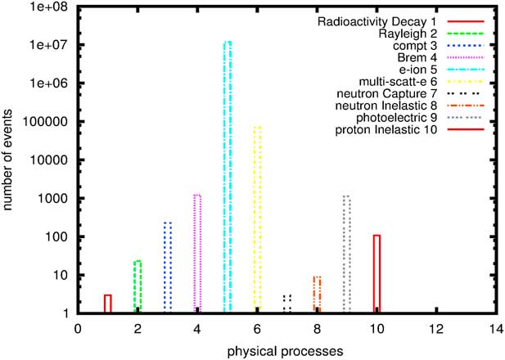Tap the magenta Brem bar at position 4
[197, 254]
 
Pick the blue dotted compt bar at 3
[168, 267]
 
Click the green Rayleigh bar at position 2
[138, 286]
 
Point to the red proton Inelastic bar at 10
[376, 273]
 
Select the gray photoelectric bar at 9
[347, 254]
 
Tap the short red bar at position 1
[108, 304]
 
